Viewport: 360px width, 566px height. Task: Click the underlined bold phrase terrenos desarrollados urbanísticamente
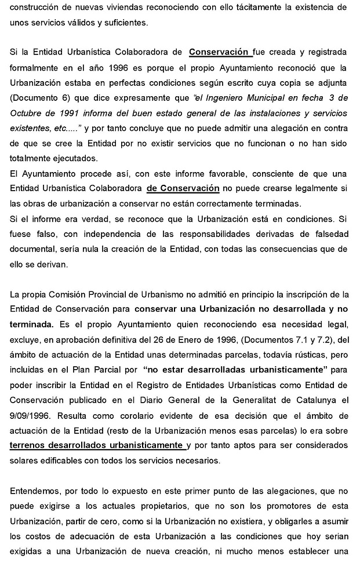[97, 444]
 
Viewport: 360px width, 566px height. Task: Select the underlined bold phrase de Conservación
[183, 188]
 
